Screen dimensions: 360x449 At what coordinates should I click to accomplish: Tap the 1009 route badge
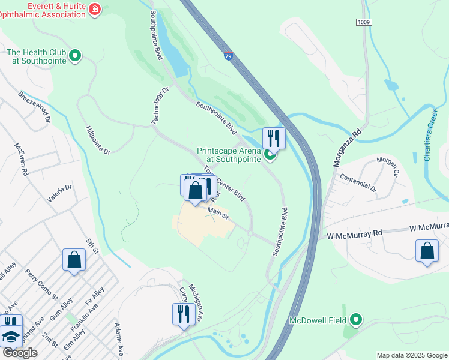click(363, 22)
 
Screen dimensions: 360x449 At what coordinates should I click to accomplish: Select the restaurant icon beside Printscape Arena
click(274, 138)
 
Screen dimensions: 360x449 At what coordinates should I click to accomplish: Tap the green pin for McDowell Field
click(356, 320)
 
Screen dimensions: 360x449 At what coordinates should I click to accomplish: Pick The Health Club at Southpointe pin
click(75, 56)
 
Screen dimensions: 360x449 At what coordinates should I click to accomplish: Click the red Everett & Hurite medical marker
click(94, 9)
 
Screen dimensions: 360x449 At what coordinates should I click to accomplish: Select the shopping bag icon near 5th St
click(74, 260)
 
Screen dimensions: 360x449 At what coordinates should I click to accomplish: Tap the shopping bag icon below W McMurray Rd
click(427, 251)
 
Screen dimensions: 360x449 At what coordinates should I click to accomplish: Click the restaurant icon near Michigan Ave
click(184, 314)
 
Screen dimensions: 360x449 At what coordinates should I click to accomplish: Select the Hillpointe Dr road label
click(98, 140)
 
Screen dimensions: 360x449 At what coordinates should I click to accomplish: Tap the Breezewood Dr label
click(34, 106)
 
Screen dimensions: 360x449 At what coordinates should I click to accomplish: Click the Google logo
click(19, 353)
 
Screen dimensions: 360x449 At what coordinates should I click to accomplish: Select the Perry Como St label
click(41, 284)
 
